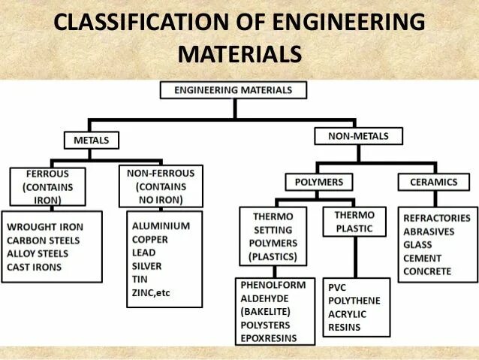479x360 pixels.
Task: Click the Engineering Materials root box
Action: pyautogui.click(x=235, y=90)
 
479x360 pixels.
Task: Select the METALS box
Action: pyautogui.click(x=91, y=140)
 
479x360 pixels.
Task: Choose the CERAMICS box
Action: pyautogui.click(x=433, y=182)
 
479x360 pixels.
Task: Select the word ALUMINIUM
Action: pyautogui.click(x=161, y=225)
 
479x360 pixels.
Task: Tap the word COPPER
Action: pyautogui.click(x=150, y=239)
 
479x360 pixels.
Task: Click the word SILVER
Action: pyautogui.click(x=146, y=265)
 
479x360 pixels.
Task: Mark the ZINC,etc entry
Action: pyautogui.click(x=151, y=292)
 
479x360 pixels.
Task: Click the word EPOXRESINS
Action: pyautogui.click(x=269, y=339)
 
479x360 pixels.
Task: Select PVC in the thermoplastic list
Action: pyautogui.click(x=337, y=287)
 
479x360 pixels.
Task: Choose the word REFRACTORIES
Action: pyautogui.click(x=437, y=218)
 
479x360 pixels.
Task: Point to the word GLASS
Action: pyautogui.click(x=417, y=245)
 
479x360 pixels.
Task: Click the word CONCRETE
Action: pyautogui.click(x=427, y=271)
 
